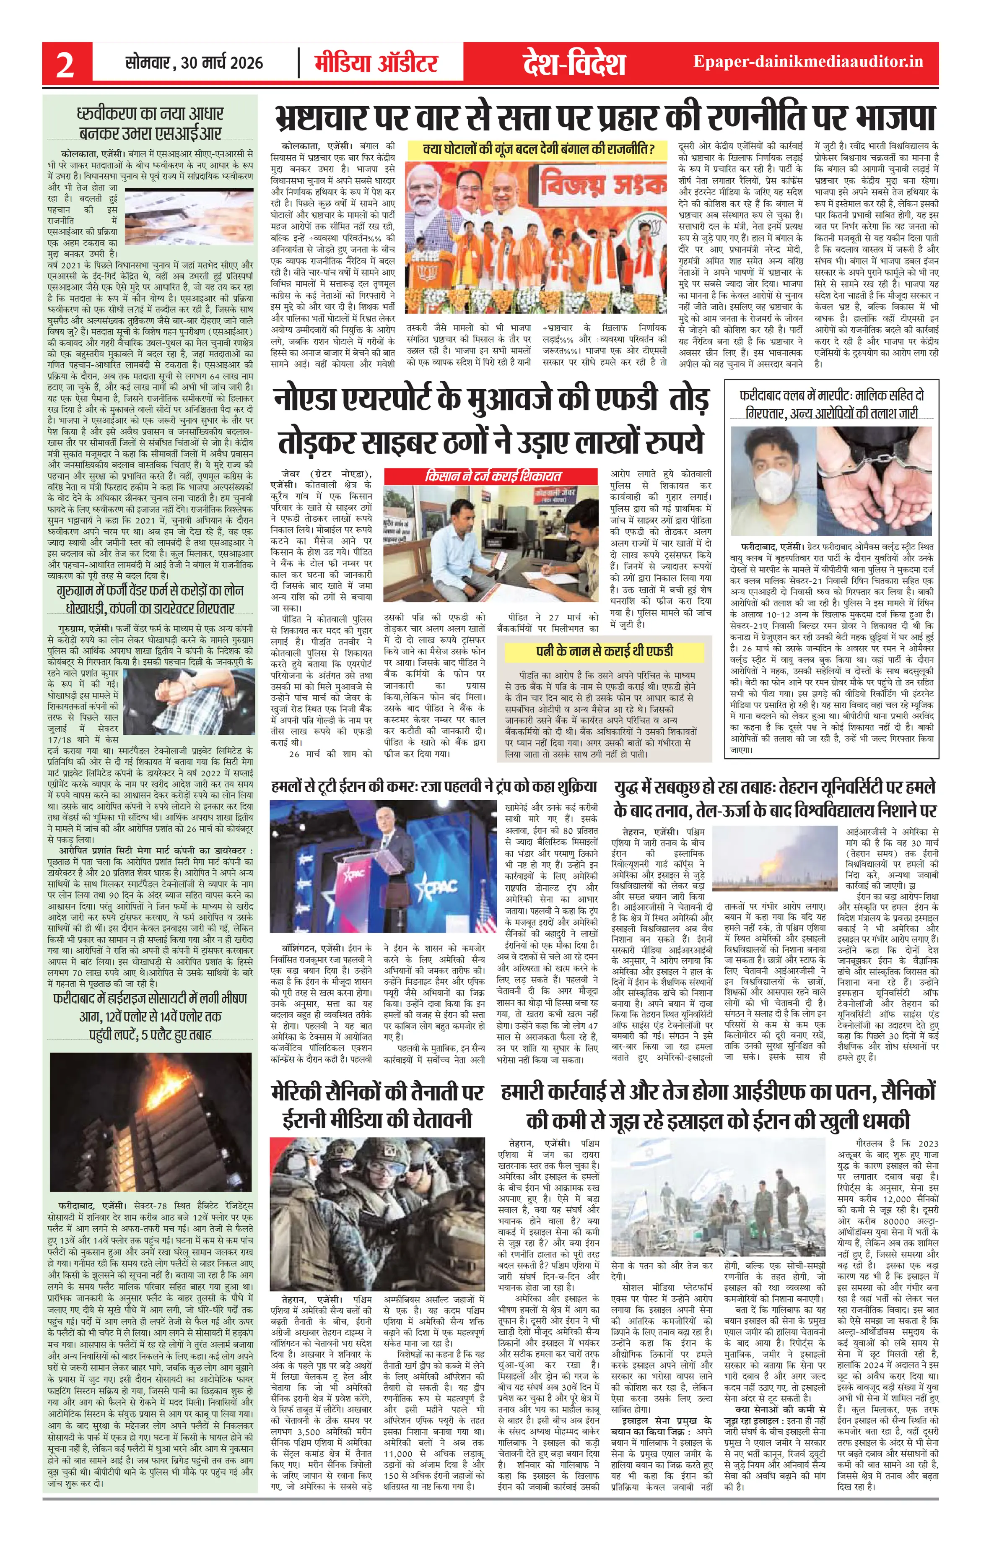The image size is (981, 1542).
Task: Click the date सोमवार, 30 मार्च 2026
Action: click(194, 63)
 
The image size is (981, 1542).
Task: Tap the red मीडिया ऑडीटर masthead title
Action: click(376, 63)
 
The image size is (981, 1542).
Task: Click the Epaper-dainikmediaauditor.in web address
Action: click(808, 62)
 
